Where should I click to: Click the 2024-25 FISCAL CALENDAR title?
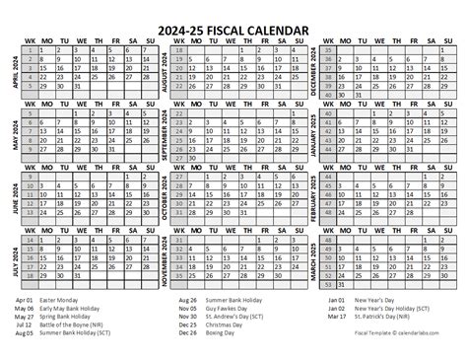click(233, 12)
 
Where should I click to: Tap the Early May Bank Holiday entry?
click(83, 307)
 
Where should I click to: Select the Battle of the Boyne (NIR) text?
click(85, 327)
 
